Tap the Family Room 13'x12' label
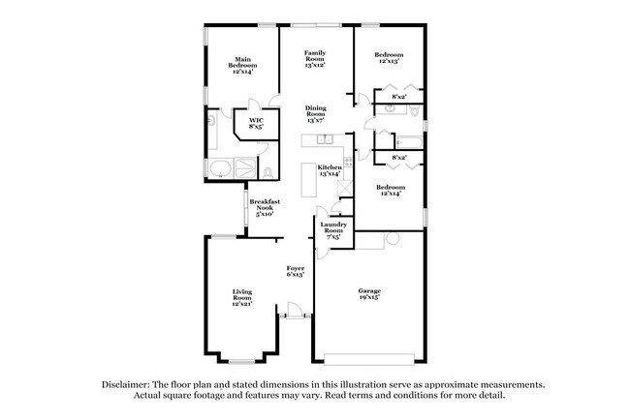314,58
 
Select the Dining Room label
315,114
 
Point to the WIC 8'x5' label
256,124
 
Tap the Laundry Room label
333,231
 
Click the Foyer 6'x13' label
296,271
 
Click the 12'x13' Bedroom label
389,58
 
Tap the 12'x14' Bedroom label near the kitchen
391,190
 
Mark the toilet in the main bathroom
266,173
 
